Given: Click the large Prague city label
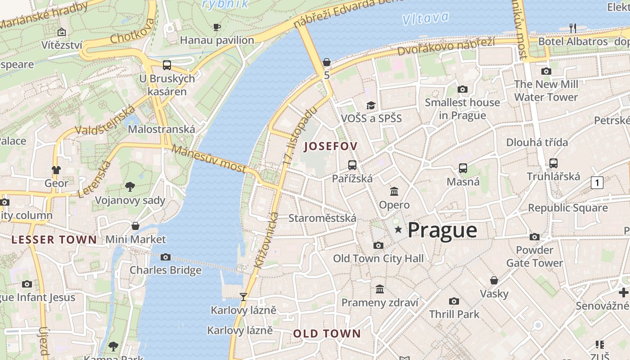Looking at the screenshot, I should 442,230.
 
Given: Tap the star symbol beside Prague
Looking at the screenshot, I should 398,230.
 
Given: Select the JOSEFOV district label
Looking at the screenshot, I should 331,146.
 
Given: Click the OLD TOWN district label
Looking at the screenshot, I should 327,333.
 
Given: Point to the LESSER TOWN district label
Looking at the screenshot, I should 54,239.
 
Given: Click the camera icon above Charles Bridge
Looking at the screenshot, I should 166,257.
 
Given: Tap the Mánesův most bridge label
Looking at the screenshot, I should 209,159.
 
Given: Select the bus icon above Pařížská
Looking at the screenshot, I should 352,165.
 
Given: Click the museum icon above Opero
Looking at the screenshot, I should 394,192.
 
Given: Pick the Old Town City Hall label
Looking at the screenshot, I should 378,258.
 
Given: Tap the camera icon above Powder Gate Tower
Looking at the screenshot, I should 535,237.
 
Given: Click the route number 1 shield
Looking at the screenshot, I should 597,183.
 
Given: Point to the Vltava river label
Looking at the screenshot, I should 425,18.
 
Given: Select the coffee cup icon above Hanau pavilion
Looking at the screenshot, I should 217,27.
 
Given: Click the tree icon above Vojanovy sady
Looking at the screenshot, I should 130,186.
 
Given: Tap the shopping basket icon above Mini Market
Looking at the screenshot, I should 135,226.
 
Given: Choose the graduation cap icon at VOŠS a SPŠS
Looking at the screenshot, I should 371,105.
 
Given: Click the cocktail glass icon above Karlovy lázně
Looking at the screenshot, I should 243,297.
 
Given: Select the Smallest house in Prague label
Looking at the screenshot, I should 462,109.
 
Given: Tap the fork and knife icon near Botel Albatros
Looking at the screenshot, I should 572,28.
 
